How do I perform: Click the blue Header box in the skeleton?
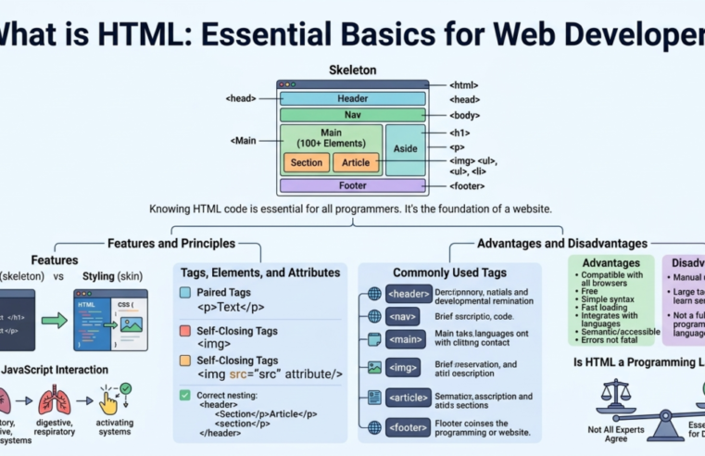point(352,99)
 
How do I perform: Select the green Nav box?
point(352,116)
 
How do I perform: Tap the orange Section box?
point(306,163)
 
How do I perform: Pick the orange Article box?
point(356,163)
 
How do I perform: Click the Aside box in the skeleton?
point(406,149)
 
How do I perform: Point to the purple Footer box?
point(352,185)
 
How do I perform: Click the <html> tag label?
point(463,85)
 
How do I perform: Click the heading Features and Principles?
point(170,243)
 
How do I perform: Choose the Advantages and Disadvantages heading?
point(561,243)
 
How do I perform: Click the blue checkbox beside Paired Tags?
point(185,293)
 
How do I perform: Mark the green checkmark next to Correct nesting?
point(185,395)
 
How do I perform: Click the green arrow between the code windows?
point(55,321)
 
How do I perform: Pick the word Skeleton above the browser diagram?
point(352,70)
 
